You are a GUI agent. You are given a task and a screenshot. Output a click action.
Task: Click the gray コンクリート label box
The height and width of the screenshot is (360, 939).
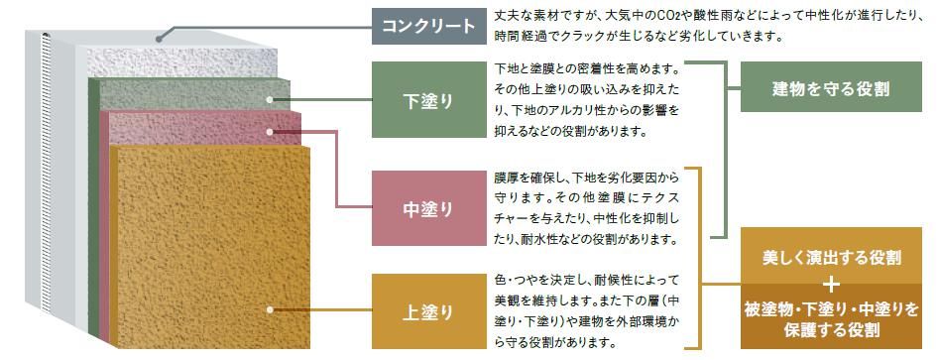point(429,25)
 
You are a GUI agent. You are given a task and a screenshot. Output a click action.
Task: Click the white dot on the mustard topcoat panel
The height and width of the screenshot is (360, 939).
point(269,310)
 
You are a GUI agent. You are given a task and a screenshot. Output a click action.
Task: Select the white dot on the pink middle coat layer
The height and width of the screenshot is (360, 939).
point(270,129)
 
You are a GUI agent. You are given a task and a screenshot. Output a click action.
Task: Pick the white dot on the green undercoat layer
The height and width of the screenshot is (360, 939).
point(270,99)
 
